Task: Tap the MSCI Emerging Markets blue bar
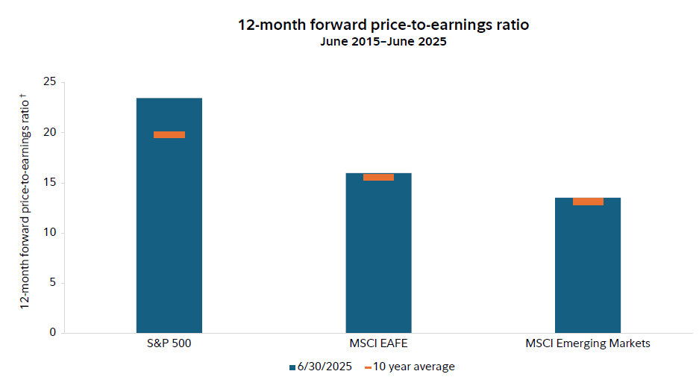click(x=588, y=269)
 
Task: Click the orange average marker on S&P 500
click(x=169, y=134)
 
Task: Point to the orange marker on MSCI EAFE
click(x=378, y=177)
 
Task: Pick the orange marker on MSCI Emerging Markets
click(x=588, y=202)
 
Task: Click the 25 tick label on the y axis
click(x=51, y=82)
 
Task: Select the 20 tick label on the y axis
click(x=51, y=133)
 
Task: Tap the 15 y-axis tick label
click(x=51, y=183)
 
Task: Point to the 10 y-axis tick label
click(x=51, y=233)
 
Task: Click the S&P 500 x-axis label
click(x=169, y=344)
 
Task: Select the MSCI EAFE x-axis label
click(x=378, y=344)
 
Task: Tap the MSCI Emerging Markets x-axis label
click(x=588, y=344)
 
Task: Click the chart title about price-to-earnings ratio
click(x=383, y=25)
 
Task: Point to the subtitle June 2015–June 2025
click(x=383, y=42)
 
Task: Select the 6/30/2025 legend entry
click(x=320, y=367)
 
